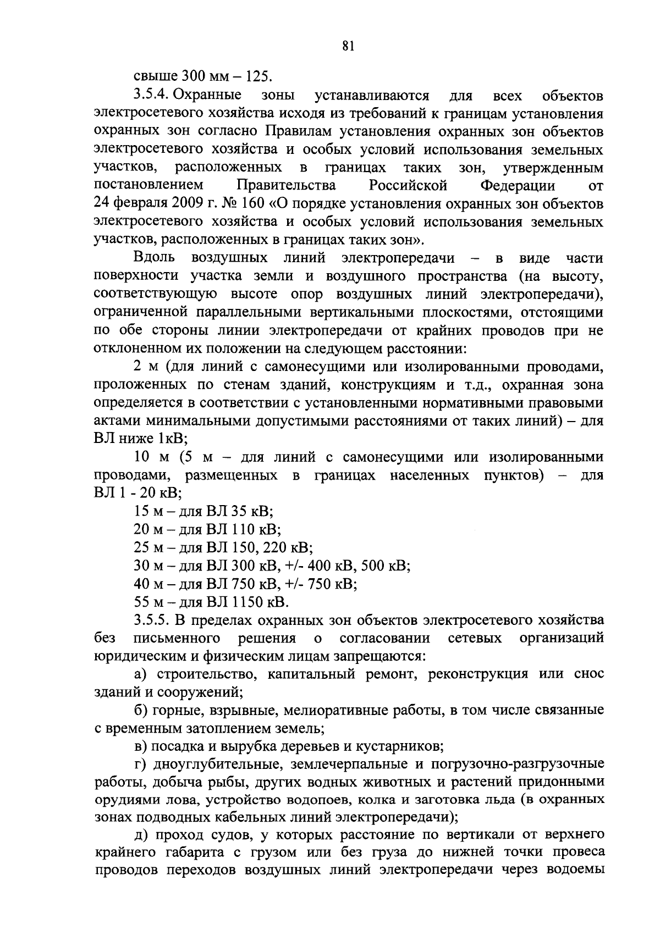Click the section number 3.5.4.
(x=152, y=96)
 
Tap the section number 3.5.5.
(x=152, y=621)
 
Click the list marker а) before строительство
(x=140, y=674)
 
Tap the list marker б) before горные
(x=140, y=710)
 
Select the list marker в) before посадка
(x=140, y=746)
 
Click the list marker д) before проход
(x=140, y=835)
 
